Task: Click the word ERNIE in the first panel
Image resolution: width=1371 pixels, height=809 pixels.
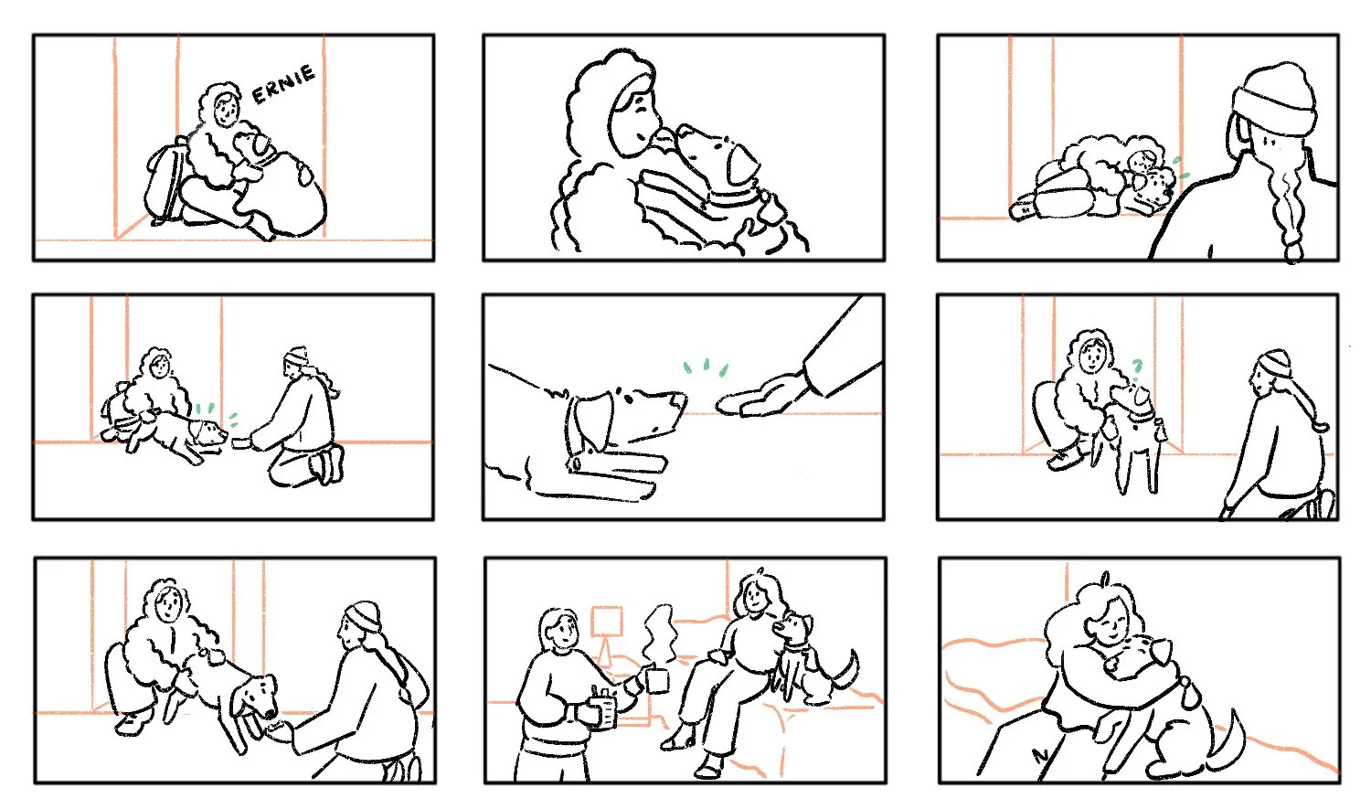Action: coord(284,84)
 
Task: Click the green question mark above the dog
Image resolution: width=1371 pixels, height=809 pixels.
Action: coord(1137,367)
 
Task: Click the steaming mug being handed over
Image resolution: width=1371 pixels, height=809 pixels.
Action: coord(656,678)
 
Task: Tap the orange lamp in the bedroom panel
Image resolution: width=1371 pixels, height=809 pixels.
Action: coord(607,633)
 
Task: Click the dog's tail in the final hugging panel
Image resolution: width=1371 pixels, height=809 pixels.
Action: coord(1229,742)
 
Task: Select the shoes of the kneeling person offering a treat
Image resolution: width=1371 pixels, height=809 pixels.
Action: coord(327,465)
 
